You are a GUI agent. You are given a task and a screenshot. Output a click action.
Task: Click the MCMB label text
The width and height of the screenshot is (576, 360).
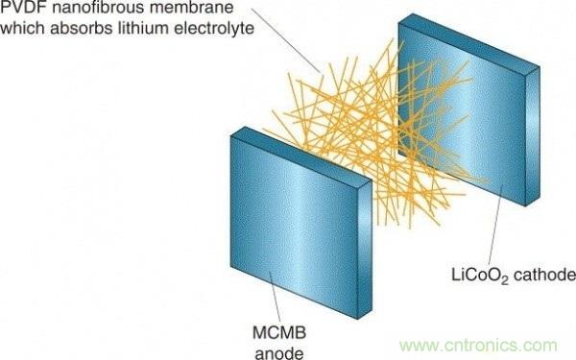point(279,333)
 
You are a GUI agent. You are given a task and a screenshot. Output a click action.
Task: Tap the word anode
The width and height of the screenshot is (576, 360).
point(279,353)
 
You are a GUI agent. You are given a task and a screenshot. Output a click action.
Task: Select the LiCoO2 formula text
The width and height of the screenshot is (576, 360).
point(479,276)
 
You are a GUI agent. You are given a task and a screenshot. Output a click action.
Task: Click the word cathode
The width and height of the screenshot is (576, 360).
point(544,275)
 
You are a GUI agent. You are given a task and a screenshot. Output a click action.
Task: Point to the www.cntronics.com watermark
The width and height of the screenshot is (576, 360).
point(478,346)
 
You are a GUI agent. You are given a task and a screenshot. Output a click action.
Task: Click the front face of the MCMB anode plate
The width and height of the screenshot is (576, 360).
point(294,225)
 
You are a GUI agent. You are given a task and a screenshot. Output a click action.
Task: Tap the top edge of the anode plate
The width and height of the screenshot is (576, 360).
point(301,154)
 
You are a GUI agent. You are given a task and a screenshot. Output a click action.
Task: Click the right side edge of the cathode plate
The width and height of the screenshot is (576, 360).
point(532,136)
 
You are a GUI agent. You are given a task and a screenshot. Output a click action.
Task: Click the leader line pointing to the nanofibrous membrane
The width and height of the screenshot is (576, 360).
point(285,40)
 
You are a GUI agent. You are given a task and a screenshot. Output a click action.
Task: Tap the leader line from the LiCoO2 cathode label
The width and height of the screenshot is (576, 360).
point(495,224)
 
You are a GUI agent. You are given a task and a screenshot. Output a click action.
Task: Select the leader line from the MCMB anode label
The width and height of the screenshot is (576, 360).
point(276,298)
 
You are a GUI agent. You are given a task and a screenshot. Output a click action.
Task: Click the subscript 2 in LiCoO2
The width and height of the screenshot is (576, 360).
point(504,280)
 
